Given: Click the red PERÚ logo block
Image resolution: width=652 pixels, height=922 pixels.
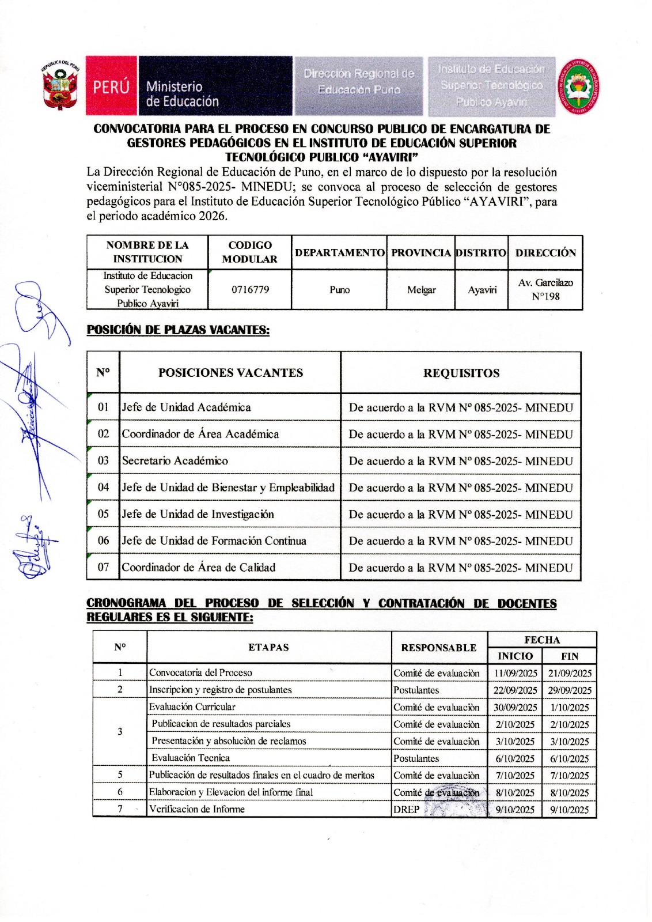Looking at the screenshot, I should tap(111, 86).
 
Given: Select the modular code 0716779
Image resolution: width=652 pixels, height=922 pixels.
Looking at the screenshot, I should tap(250, 290).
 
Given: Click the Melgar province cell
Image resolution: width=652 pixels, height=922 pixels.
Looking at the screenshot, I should tap(421, 290).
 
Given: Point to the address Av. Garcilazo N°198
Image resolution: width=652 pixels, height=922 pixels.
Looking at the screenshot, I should tap(545, 290).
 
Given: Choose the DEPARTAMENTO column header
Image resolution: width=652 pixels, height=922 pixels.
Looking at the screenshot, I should tap(339, 252).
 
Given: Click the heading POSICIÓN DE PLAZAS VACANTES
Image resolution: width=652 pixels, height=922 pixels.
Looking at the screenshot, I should tap(178, 330).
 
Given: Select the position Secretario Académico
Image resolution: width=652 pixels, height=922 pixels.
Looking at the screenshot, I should tap(175, 461).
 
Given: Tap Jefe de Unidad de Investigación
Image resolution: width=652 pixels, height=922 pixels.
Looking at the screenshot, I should tap(198, 514).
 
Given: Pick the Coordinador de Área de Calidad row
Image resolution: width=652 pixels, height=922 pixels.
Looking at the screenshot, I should tap(199, 568).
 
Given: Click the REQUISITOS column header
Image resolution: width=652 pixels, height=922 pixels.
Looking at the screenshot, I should tap(461, 373).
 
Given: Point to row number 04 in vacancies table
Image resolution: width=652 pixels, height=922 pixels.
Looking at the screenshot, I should tap(103, 488).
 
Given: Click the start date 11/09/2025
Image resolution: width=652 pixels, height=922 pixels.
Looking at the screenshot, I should tap(515, 673).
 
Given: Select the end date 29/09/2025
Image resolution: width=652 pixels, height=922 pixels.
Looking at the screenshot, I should tap(570, 690).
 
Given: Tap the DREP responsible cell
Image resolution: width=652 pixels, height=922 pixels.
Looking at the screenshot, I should tap(407, 810).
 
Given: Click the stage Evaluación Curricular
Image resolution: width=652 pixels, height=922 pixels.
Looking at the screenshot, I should tap(192, 707).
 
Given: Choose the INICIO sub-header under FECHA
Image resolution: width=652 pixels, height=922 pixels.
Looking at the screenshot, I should tap(515, 656).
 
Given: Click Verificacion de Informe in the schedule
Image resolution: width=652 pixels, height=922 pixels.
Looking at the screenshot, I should tap(197, 810).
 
